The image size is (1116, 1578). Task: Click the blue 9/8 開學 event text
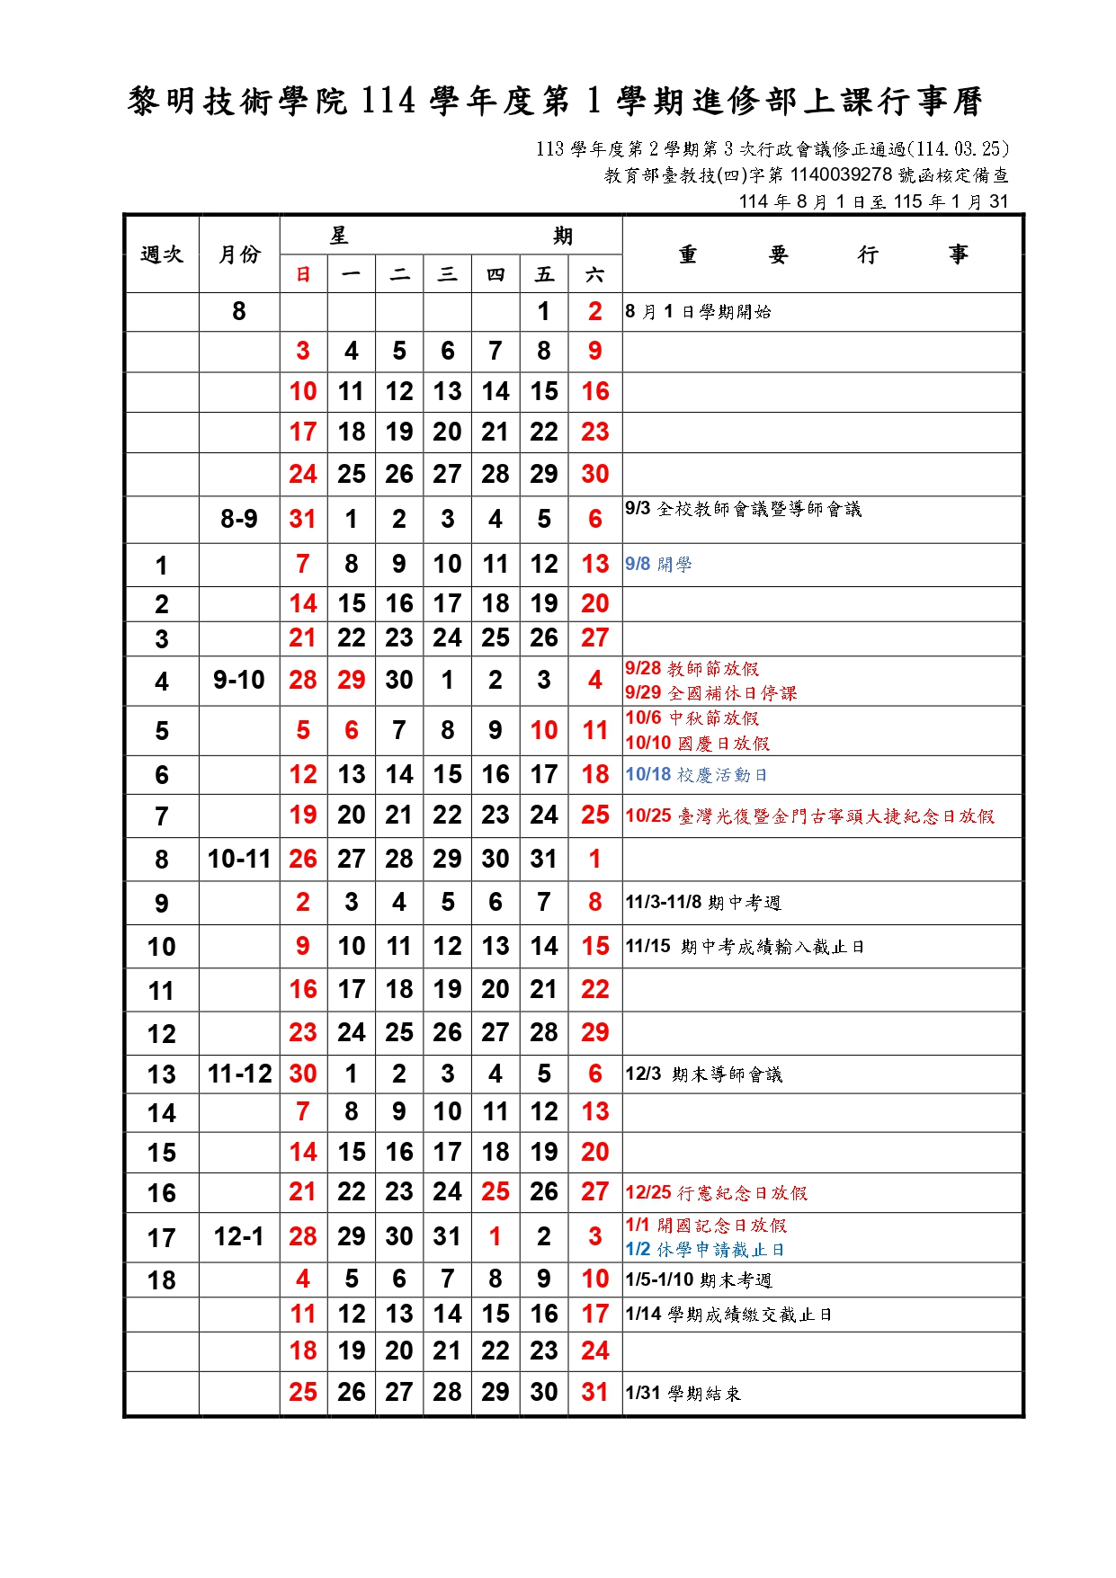tap(658, 565)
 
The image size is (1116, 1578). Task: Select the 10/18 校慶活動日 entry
tap(696, 775)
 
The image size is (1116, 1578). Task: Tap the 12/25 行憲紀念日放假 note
tap(716, 1193)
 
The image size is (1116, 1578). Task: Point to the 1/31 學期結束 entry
tap(683, 1394)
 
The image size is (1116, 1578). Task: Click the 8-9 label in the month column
tap(239, 520)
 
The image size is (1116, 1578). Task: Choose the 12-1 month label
tap(239, 1237)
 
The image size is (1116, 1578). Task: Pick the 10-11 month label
tap(239, 860)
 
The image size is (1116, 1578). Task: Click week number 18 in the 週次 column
tap(162, 1280)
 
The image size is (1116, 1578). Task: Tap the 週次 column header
tap(162, 254)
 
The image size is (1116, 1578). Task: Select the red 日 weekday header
tap(303, 275)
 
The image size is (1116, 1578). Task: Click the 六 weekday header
tap(594, 275)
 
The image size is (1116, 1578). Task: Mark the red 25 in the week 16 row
tap(496, 1192)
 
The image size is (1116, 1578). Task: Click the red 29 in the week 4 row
tap(351, 681)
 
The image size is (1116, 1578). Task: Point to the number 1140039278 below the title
tap(841, 175)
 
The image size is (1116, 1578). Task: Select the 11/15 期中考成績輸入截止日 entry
tap(745, 947)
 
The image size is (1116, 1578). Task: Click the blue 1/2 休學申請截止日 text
tap(705, 1250)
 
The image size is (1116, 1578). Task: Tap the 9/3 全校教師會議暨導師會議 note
tap(743, 510)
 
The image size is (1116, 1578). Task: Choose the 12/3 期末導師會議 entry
tap(703, 1074)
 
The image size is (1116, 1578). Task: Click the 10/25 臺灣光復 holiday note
tap(809, 816)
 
